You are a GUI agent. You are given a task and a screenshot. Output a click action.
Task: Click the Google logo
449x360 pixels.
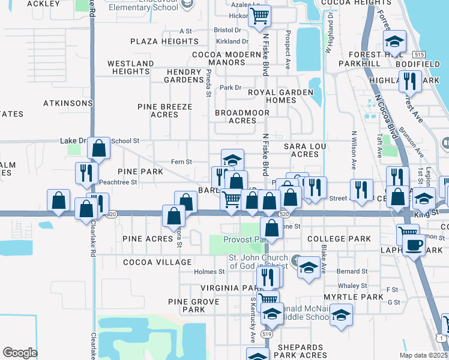click(20, 352)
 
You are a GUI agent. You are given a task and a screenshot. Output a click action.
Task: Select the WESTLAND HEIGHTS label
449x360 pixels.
click(130, 67)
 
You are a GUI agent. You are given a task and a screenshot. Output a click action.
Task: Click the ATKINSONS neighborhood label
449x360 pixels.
click(67, 103)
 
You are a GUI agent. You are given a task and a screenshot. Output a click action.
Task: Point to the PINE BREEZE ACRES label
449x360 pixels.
click(172, 110)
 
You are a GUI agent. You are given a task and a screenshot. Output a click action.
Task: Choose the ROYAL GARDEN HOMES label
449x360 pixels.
click(282, 96)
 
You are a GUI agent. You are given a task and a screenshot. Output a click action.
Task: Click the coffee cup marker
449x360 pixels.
click(414, 245)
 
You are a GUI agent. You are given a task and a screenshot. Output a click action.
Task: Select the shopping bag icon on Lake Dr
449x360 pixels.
click(100, 147)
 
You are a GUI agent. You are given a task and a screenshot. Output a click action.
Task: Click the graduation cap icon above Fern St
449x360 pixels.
click(232, 160)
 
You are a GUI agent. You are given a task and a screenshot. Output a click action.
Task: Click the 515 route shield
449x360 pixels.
click(419, 54)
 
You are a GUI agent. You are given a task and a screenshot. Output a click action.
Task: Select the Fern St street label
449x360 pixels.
click(181, 162)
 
